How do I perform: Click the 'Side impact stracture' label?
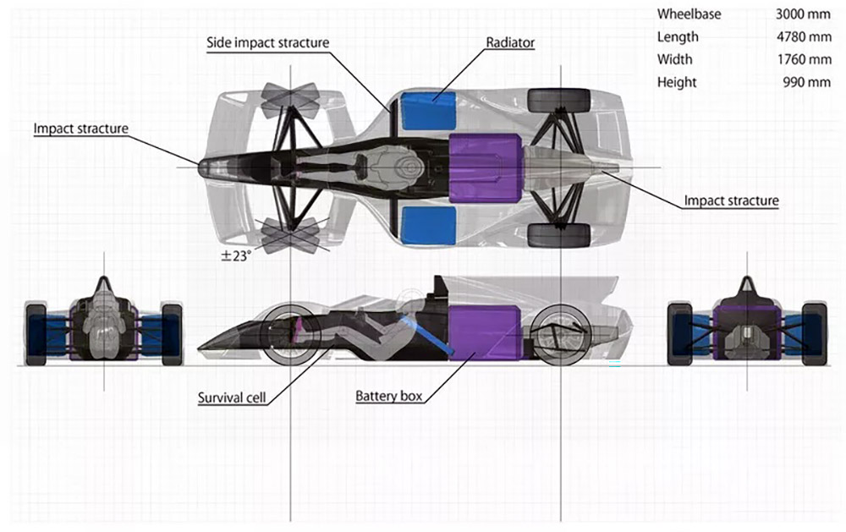267,42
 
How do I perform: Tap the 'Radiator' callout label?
510,42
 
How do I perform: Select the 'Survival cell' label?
232,398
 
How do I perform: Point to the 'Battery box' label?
388,396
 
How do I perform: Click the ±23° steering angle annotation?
236,255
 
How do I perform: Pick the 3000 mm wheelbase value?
803,14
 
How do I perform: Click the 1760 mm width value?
804,59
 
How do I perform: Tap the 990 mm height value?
806,82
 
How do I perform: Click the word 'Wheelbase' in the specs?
689,14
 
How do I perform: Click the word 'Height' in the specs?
677,83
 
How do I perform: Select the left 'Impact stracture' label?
81,129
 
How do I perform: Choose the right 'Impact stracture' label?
731,200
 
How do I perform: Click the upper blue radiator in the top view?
428,111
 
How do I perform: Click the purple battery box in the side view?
485,332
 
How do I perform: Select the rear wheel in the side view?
561,335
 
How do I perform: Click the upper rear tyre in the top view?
558,101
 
